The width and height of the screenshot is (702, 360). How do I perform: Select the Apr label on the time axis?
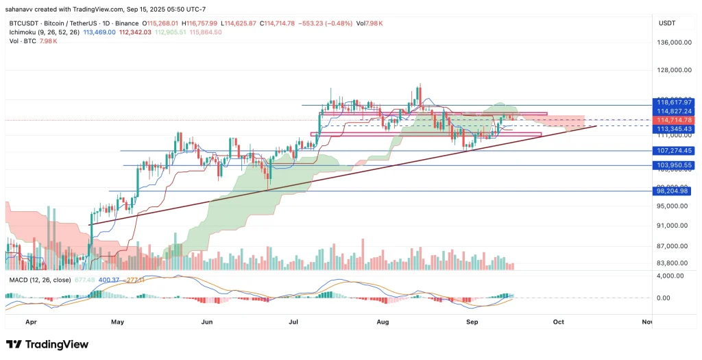[30, 321]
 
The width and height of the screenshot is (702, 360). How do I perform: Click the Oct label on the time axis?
[559, 321]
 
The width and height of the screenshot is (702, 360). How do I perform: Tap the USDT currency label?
[666, 23]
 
